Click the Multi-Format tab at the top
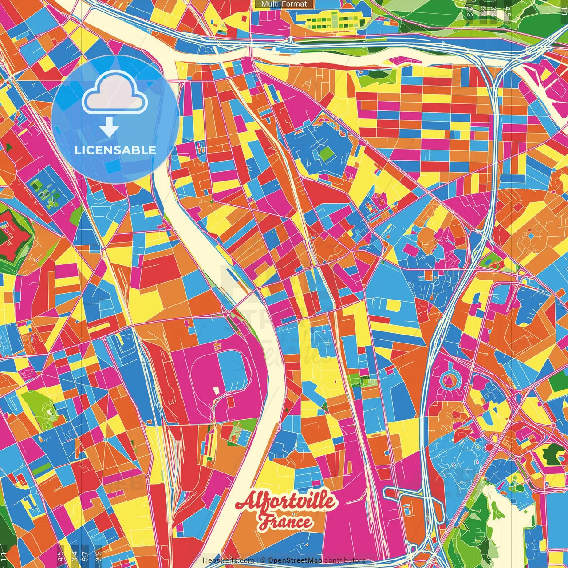[x=284, y=4]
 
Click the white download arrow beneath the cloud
[x=109, y=128]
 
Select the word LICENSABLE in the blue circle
[x=115, y=150]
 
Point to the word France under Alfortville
[x=285, y=522]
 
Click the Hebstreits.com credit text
[x=228, y=560]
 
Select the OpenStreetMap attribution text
[x=295, y=560]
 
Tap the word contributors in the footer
[x=344, y=560]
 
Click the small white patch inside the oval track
[x=216, y=390]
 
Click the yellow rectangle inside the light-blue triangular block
[x=393, y=305]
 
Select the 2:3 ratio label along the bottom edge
[x=99, y=554]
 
